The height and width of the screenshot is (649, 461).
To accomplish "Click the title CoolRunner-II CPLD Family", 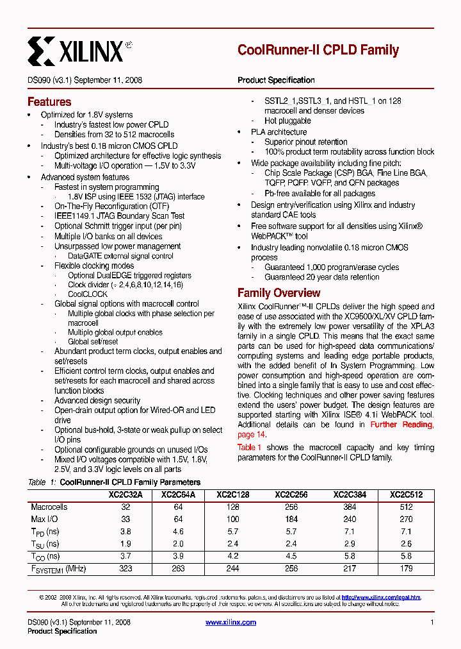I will pos(318,50).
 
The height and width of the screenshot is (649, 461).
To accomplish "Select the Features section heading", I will pos(49,102).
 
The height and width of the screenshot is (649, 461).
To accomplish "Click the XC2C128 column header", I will pos(233,495).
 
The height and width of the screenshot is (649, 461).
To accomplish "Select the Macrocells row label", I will pos(49,507).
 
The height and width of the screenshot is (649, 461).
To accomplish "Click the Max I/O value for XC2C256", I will pos(289,519).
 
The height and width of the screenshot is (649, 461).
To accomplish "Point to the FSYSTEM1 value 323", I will pos(126,569).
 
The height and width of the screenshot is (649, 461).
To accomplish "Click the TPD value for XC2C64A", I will pos(178,532).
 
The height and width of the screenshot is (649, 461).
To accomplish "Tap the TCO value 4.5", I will pos(289,557).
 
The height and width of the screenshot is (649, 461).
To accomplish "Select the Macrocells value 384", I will pos(348,507).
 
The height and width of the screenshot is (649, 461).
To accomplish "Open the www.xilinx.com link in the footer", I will pos(230,622).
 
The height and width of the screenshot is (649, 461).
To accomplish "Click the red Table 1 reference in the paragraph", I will pos(250,447).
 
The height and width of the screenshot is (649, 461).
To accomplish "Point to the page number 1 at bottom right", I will pos(432,622).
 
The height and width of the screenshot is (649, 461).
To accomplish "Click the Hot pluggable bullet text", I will pos(287,121).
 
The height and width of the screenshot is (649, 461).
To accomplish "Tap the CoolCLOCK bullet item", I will pos(88,294).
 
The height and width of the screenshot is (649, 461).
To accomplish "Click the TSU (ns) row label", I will pos(45,544).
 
